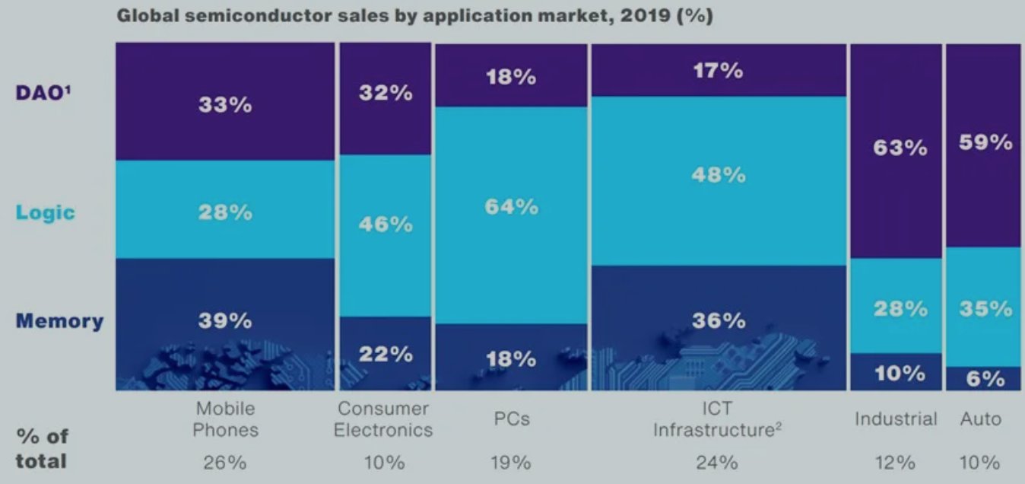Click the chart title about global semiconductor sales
[x=414, y=16]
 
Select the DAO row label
[x=43, y=93]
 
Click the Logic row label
[x=46, y=212]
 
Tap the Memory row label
[x=59, y=320]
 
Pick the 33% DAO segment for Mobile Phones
[x=225, y=102]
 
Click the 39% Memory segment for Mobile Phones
[x=225, y=324]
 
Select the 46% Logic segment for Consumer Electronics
[x=386, y=236]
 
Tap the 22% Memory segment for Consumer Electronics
[x=386, y=354]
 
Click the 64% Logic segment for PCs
[x=511, y=215]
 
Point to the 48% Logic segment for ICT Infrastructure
[x=719, y=181]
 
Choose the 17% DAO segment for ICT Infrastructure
[x=719, y=70]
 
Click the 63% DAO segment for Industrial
[x=896, y=151]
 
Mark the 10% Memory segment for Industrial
[x=896, y=372]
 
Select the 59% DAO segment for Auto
[x=983, y=145]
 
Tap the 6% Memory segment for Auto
[x=983, y=379]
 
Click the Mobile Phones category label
[x=225, y=419]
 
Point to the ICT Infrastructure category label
[x=717, y=419]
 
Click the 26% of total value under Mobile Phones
[x=225, y=463]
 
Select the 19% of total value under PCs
[x=511, y=463]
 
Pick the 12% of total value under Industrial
[x=896, y=463]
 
